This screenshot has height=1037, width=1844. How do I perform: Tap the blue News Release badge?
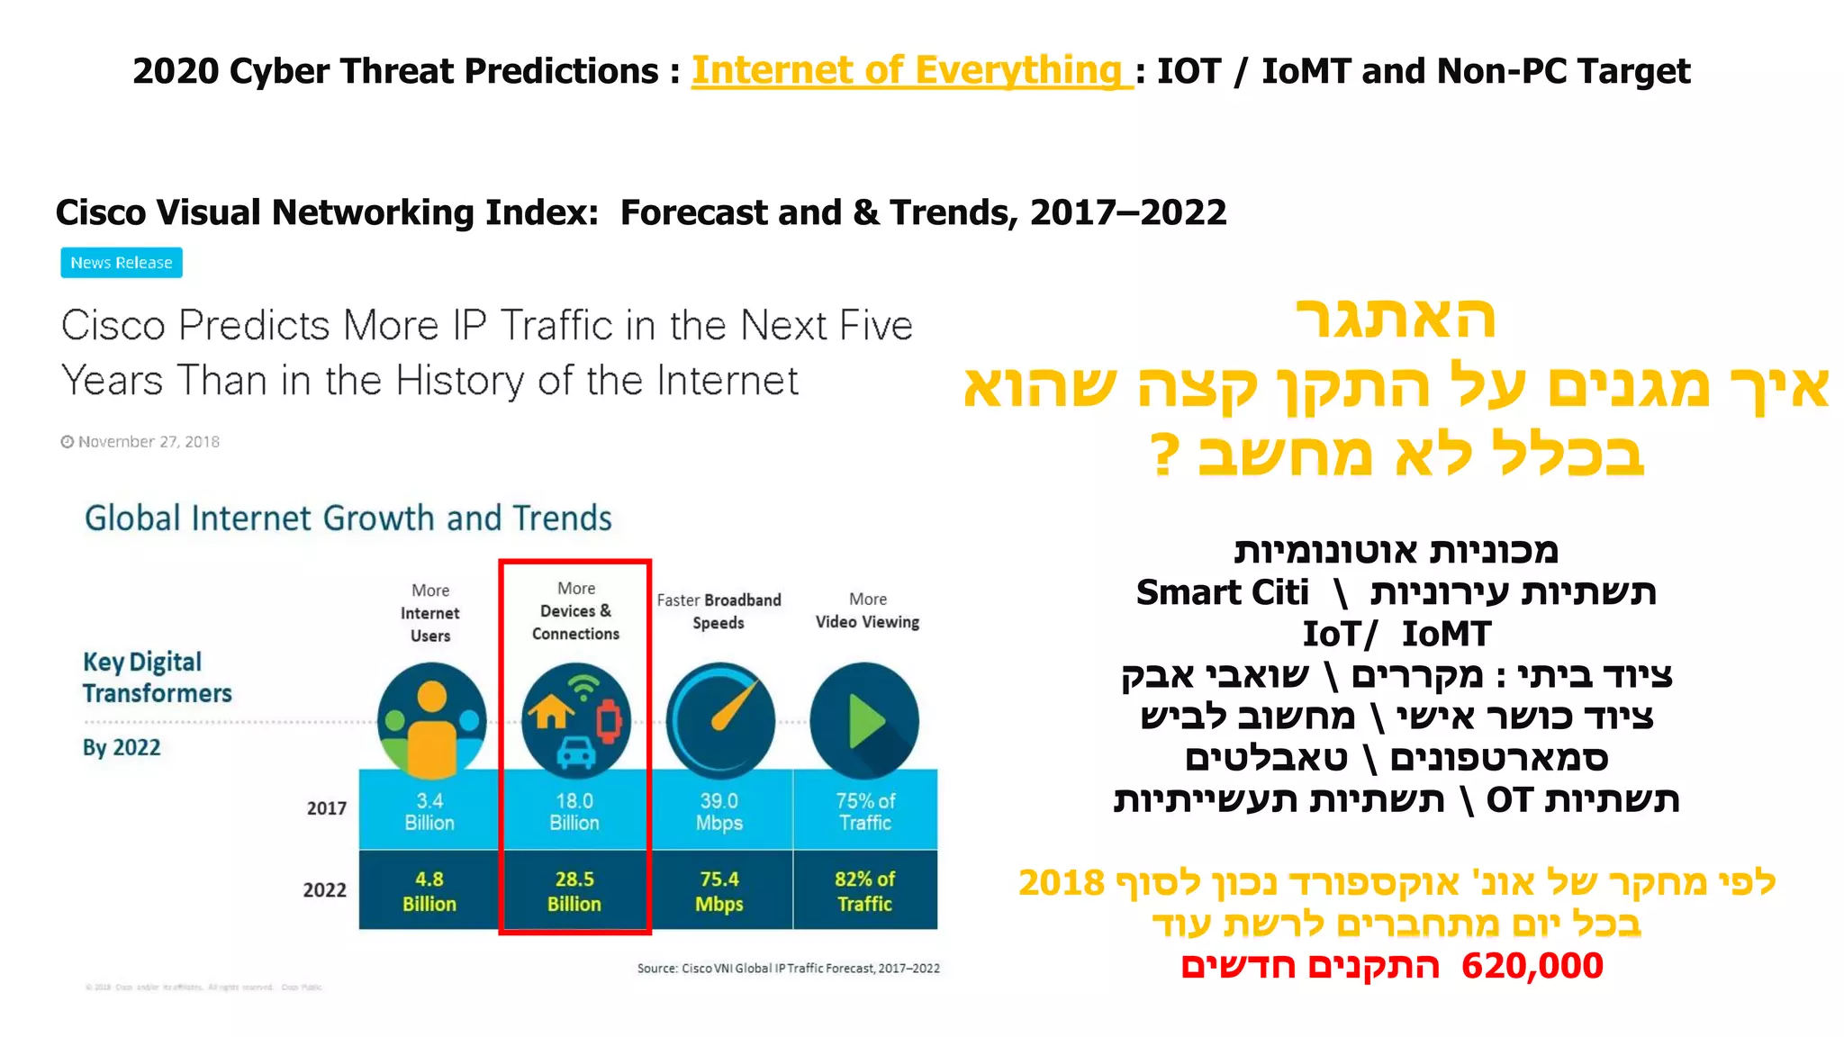tap(122, 263)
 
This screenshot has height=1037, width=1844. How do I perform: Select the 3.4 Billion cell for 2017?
tap(429, 811)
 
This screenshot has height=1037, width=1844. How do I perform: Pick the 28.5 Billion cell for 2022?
tap(574, 891)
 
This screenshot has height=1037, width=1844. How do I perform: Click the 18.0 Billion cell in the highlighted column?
tap(574, 811)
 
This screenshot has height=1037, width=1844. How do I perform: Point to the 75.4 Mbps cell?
tap(719, 891)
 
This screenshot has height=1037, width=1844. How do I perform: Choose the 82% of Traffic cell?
tap(864, 891)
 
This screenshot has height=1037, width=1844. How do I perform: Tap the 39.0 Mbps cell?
tap(719, 811)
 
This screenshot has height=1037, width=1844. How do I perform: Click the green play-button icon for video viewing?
tap(864, 720)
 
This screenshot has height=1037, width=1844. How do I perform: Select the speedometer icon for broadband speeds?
tap(720, 720)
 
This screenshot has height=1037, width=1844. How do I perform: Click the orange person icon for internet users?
tap(432, 720)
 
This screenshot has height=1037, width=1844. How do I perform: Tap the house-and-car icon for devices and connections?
tap(575, 720)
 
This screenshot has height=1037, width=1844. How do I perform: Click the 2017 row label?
tap(327, 808)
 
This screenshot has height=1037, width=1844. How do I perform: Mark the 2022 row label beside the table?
tap(324, 890)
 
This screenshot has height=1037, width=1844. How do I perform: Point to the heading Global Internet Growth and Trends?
tap(348, 518)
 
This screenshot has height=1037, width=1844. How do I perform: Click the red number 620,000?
tap(1532, 966)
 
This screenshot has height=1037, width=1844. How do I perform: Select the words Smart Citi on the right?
tap(1222, 592)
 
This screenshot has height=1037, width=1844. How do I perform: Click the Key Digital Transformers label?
tap(157, 677)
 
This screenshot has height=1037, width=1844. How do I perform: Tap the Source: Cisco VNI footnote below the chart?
tap(788, 969)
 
